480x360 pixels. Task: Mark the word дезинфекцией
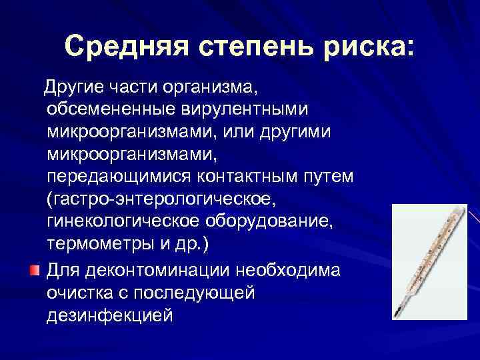point(110,314)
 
